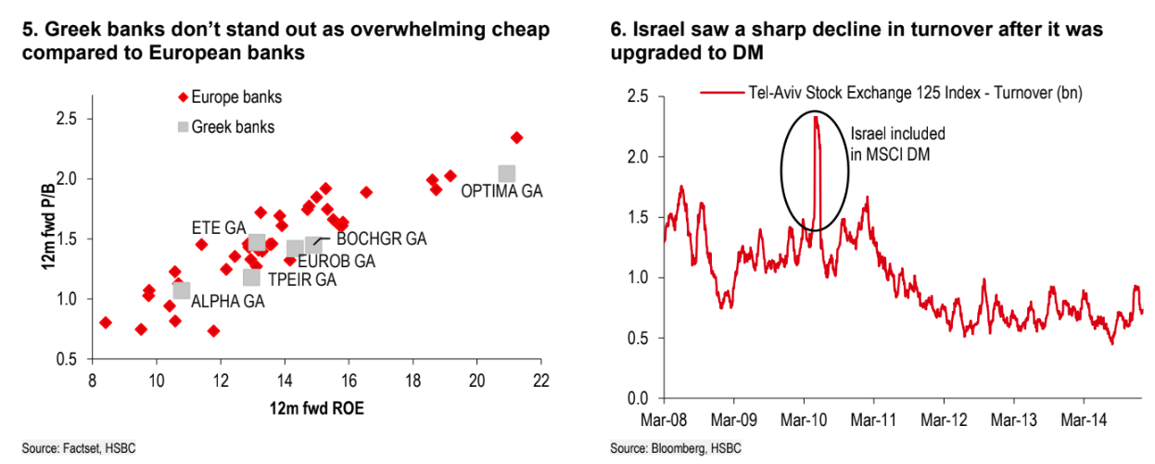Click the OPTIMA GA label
tap(501, 191)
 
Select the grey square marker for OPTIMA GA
tap(506, 174)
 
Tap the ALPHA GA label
tap(228, 302)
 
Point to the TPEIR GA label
tap(302, 279)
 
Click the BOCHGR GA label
tap(381, 239)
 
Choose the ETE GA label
tap(219, 227)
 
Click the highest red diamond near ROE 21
tap(516, 137)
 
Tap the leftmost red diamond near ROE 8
tap(106, 323)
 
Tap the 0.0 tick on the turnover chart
tap(639, 399)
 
